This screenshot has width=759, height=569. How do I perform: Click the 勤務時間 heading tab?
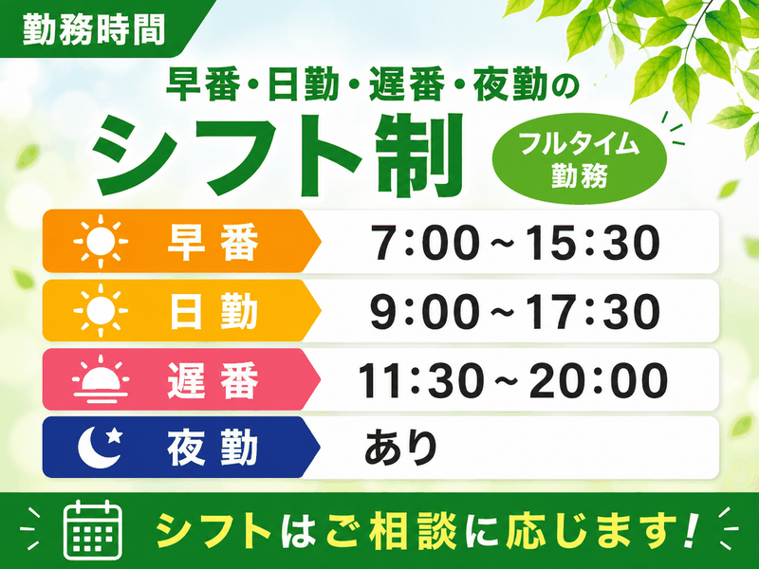tap(97, 29)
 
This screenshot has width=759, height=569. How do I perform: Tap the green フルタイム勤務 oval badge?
tap(580, 158)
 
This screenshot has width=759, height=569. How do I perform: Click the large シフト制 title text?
tap(278, 156)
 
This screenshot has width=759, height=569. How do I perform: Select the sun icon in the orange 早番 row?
tap(101, 241)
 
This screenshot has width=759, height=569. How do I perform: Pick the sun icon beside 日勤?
tap(101, 310)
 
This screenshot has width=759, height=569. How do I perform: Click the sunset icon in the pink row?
tap(101, 379)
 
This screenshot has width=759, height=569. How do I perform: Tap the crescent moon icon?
tap(101, 447)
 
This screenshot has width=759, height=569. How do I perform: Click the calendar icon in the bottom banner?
tap(93, 530)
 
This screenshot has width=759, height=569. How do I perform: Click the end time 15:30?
tap(592, 242)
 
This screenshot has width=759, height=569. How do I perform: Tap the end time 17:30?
tap(592, 311)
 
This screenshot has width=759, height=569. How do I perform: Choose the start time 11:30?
tap(421, 380)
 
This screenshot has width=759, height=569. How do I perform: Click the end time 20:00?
tap(599, 380)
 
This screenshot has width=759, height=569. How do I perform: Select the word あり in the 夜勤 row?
tap(400, 447)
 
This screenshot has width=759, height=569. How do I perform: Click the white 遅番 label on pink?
tap(213, 380)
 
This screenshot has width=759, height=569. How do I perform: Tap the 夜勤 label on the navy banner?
tap(213, 448)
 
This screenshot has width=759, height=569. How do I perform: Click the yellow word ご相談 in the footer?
tap(392, 530)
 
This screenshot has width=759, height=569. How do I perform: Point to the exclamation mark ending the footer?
tap(692, 529)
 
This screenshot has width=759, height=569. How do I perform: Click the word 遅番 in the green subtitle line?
tap(406, 84)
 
